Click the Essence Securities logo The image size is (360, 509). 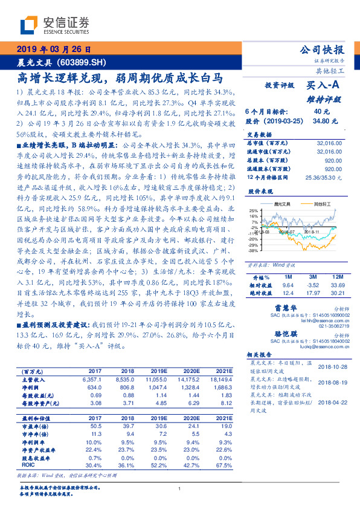54,25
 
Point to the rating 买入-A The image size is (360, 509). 324,86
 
